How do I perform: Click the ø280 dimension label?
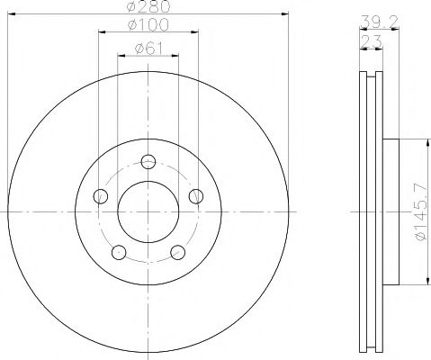149,7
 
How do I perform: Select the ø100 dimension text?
149,24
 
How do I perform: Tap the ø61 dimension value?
148,47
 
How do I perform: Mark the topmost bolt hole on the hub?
149,161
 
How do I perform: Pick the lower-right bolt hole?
178,252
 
